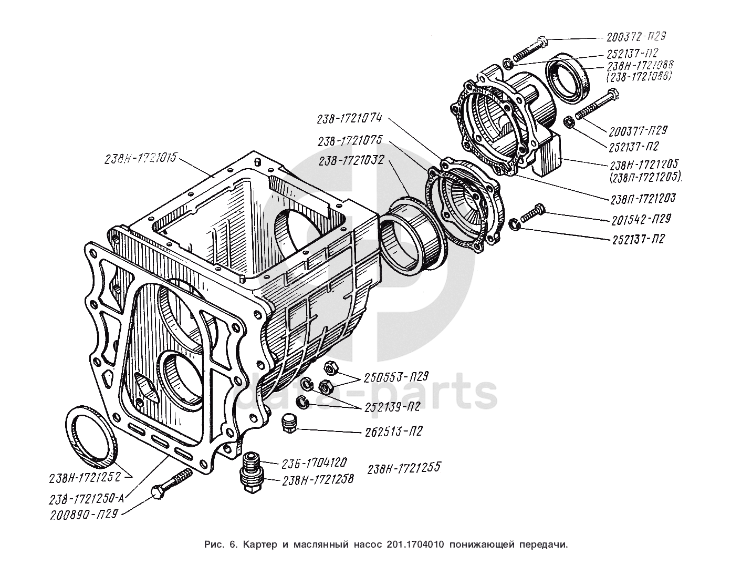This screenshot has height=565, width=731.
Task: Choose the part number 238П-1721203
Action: click(x=642, y=199)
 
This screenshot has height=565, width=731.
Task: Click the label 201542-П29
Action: click(x=640, y=219)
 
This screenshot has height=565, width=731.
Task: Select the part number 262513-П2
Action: click(x=392, y=432)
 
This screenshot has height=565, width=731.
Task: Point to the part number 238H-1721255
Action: click(x=403, y=468)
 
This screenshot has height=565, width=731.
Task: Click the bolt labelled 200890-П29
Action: click(x=173, y=482)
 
